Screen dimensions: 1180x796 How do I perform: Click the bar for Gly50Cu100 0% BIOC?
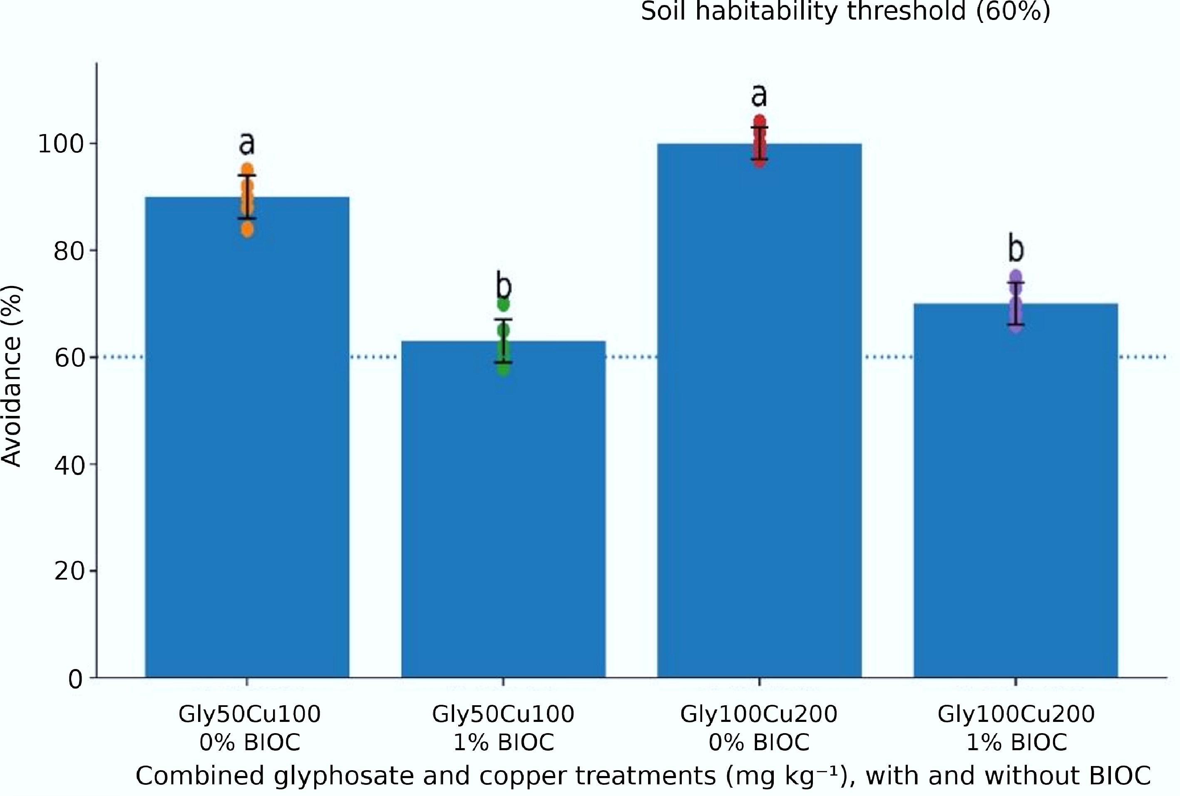click(x=247, y=437)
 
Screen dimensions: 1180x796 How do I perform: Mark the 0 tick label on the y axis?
click(x=76, y=678)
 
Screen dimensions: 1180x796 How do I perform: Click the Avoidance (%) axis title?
click(x=11, y=376)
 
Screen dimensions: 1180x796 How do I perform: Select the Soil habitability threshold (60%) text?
click(x=845, y=11)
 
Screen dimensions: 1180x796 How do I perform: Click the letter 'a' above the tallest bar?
click(x=759, y=95)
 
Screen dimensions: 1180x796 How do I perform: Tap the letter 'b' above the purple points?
click(x=1016, y=248)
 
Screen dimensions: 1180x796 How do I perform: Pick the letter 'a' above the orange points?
click(x=247, y=144)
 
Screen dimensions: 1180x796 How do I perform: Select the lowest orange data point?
click(x=247, y=230)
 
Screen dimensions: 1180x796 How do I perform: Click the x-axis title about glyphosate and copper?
click(x=643, y=776)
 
